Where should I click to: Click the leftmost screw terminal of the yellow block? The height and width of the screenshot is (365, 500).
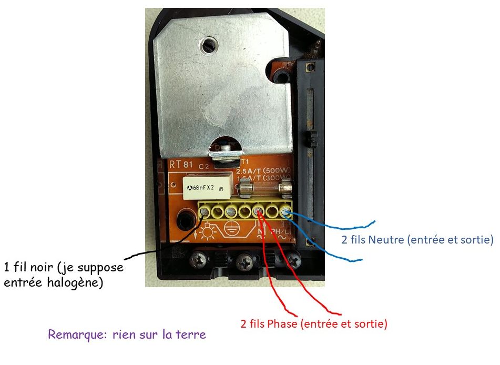click(204, 212)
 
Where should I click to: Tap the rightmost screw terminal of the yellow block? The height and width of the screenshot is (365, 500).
click(286, 212)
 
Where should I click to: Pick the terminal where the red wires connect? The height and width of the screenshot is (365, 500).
click(259, 212)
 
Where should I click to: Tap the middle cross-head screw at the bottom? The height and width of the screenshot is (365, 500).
click(244, 259)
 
